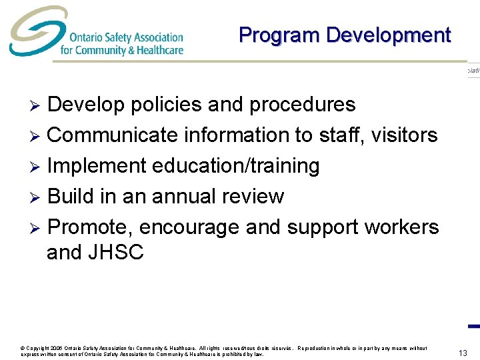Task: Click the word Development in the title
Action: (x=389, y=35)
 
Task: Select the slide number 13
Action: (x=463, y=352)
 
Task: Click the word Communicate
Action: (x=113, y=135)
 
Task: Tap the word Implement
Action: (x=97, y=166)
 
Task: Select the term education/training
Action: (x=236, y=166)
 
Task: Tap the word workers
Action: (x=401, y=227)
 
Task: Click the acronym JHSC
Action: (x=115, y=253)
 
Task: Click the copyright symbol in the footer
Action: (x=23, y=349)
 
